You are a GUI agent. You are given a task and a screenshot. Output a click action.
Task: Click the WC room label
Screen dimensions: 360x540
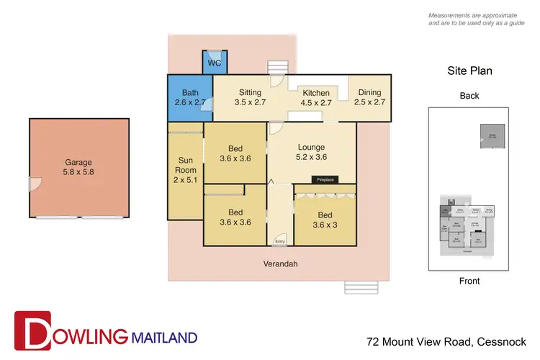pyautogui.click(x=214, y=63)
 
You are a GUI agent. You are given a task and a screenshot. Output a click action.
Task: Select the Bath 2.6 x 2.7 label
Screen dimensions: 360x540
pyautogui.click(x=190, y=98)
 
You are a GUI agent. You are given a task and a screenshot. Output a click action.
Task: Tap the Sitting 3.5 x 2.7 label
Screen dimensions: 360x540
pyautogui.click(x=250, y=98)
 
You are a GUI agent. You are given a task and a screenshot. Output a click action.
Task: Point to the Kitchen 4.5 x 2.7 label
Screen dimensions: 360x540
pyautogui.click(x=315, y=98)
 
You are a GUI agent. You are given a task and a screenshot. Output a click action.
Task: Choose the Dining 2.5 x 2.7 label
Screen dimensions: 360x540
pyautogui.click(x=369, y=98)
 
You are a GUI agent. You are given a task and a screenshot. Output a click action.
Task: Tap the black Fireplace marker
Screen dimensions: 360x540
pyautogui.click(x=323, y=179)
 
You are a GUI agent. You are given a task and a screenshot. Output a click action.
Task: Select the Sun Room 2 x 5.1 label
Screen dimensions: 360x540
pyautogui.click(x=185, y=170)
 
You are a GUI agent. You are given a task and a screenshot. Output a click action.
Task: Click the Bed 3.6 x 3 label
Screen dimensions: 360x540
pyautogui.click(x=325, y=218)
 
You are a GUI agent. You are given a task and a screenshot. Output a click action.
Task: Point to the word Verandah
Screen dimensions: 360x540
pyautogui.click(x=280, y=264)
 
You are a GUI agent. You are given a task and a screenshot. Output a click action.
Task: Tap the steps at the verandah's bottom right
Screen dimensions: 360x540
pyautogui.click(x=355, y=287)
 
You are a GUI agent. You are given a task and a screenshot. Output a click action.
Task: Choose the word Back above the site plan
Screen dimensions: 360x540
pyautogui.click(x=469, y=96)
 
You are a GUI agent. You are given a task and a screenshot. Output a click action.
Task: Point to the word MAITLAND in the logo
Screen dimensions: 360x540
pyautogui.click(x=163, y=336)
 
